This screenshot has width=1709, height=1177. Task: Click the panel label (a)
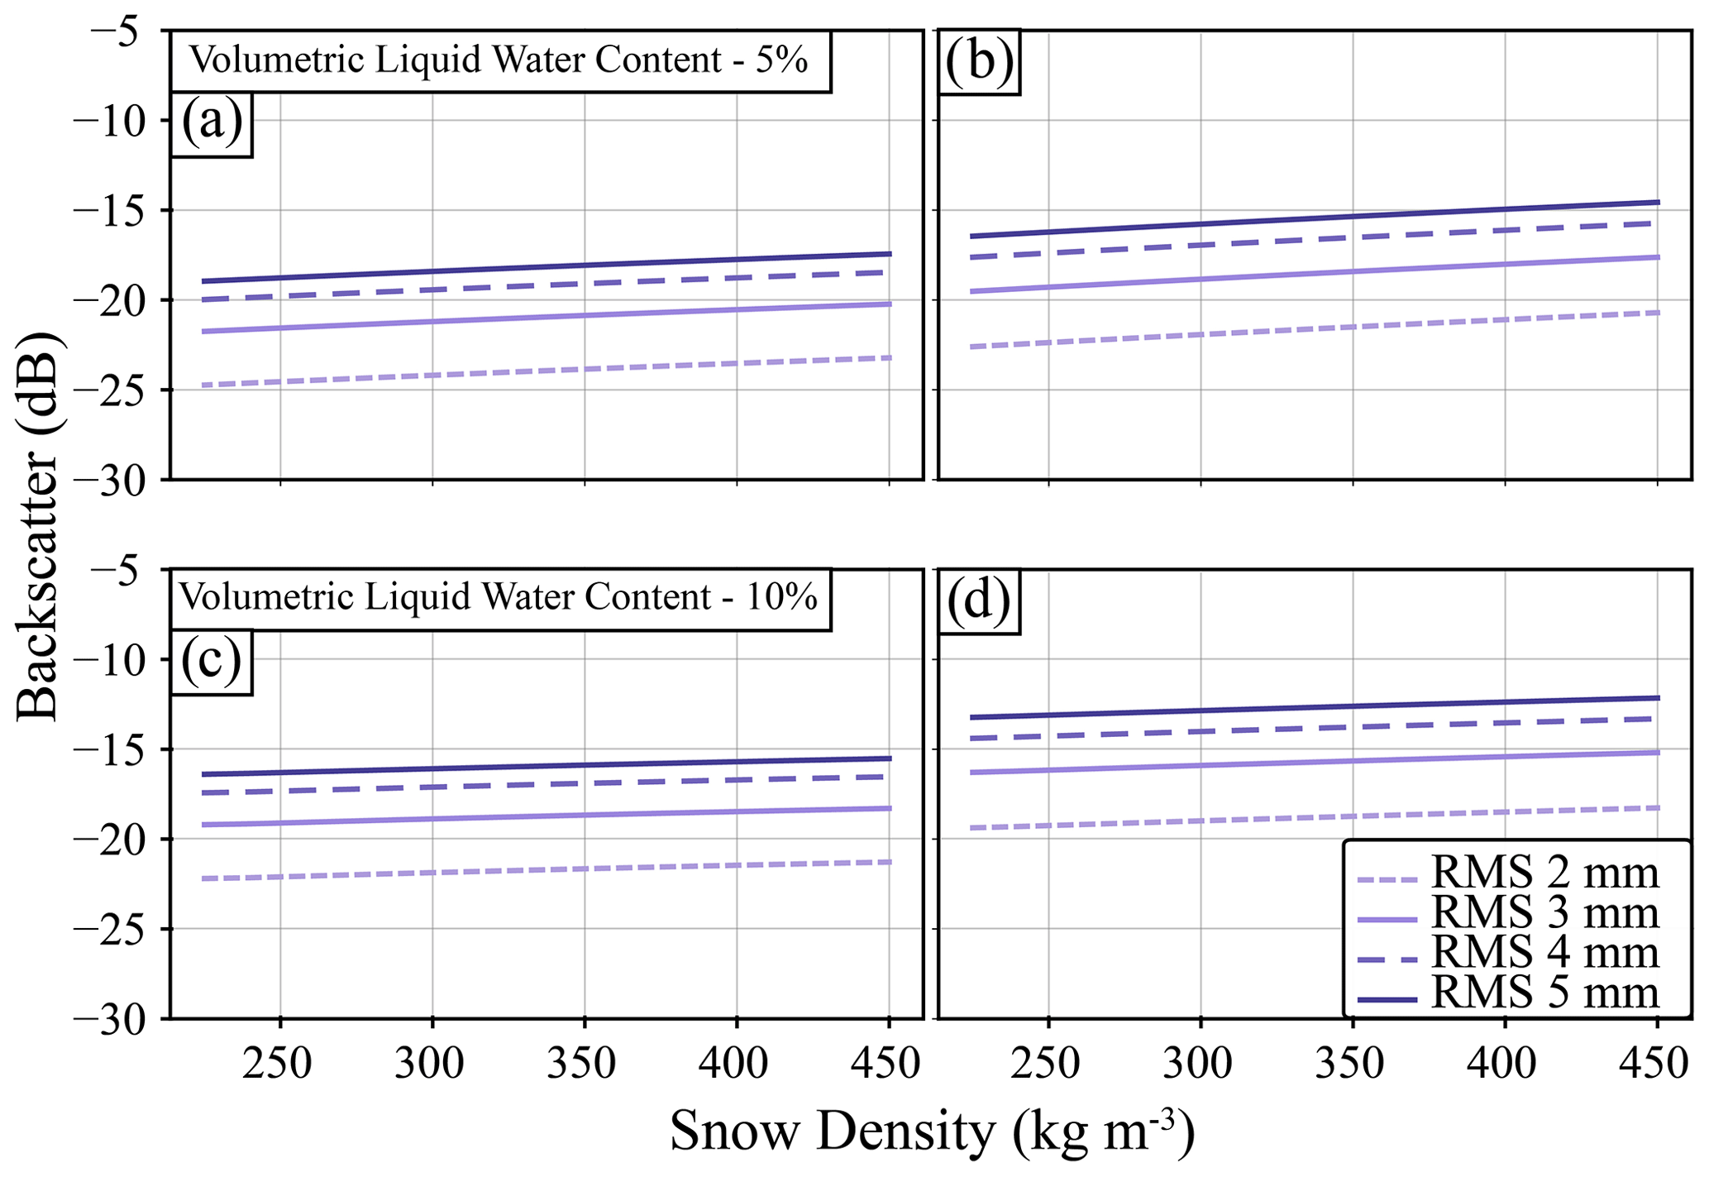(212, 123)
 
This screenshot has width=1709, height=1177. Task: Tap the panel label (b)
(979, 63)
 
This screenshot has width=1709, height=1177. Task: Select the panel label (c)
(211, 663)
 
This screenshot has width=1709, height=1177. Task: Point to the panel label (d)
(979, 601)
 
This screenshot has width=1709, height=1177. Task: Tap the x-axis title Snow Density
(932, 1132)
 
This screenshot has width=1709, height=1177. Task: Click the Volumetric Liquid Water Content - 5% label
(499, 60)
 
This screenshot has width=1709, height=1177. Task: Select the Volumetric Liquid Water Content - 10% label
(499, 597)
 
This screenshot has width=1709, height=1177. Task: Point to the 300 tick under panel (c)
(432, 1063)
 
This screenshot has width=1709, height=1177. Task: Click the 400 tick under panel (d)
(1505, 1063)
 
